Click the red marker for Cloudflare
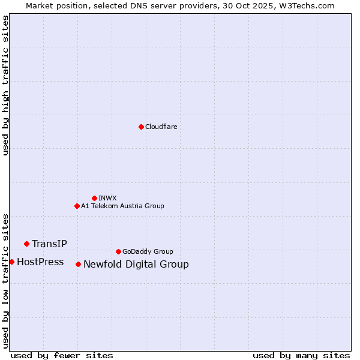[x=141, y=127]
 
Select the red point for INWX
[x=94, y=198]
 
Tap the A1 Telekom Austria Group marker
[x=77, y=206]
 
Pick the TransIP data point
[x=26, y=244]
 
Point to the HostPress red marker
[x=11, y=262]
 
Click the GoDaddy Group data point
[x=118, y=251]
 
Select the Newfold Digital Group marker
[x=78, y=264]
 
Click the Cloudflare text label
[x=161, y=127]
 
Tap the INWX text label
[x=107, y=198]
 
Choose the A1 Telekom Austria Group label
[x=122, y=206]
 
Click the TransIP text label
[x=49, y=244]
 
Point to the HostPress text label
[x=40, y=262]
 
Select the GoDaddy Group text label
[x=147, y=251]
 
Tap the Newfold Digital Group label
[x=136, y=264]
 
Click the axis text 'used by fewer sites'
[x=62, y=355]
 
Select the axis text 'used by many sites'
[x=301, y=355]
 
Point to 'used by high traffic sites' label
[x=6, y=85]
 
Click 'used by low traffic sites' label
[x=6, y=281]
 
